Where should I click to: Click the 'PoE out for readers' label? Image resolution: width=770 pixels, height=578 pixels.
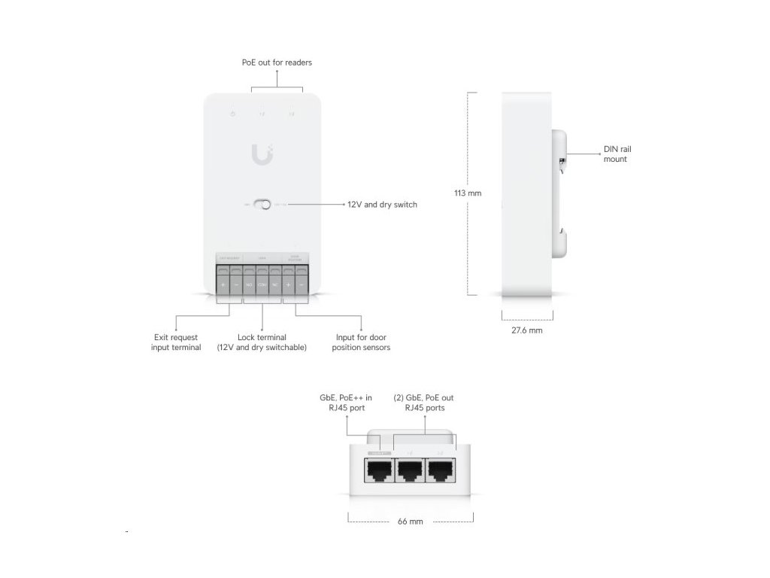[277, 62]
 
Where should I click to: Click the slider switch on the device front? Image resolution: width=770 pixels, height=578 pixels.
[262, 204]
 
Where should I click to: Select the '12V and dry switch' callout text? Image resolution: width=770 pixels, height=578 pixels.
[382, 204]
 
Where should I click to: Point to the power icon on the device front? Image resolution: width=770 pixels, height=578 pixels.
[233, 114]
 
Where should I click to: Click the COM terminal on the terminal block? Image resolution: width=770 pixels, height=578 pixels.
[262, 285]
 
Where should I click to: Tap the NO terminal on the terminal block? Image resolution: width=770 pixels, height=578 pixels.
[249, 285]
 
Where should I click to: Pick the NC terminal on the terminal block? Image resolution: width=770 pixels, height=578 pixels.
[274, 285]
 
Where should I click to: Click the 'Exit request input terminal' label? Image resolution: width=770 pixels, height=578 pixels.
[176, 342]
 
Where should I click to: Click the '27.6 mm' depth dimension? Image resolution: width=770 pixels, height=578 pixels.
[526, 330]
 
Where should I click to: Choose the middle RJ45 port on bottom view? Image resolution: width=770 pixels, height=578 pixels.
[411, 471]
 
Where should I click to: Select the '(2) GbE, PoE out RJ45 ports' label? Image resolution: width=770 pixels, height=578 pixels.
[423, 402]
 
